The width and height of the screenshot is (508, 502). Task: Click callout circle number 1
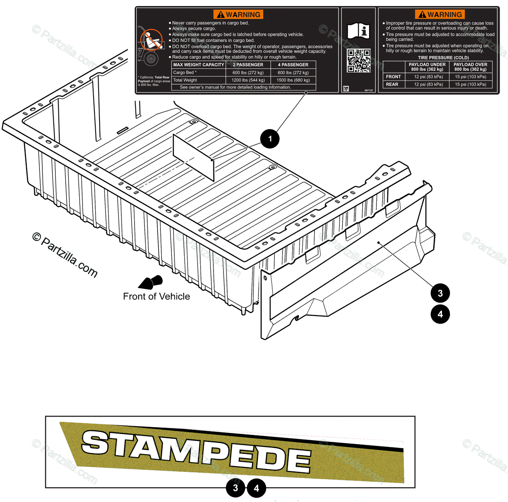coord(270,139)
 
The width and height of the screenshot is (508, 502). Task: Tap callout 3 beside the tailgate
coord(440,293)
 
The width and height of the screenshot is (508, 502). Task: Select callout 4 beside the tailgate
coord(440,314)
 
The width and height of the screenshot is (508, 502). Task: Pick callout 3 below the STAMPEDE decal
coord(235,488)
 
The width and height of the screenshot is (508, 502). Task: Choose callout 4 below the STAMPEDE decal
coord(256,488)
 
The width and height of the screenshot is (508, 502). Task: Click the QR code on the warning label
coord(359,61)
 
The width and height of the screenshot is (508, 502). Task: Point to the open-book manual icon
coord(358,31)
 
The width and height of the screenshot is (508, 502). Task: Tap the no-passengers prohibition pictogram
coord(151,40)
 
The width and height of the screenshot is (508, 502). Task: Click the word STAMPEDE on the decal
coord(196,451)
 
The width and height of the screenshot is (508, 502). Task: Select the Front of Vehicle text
coord(156,297)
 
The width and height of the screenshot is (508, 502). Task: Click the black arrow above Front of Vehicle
coord(151,282)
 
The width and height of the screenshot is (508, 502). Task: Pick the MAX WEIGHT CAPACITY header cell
coord(199,65)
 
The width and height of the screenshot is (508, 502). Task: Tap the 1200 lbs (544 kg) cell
coord(248,80)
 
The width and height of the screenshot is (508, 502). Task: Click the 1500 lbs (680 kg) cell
coord(293,80)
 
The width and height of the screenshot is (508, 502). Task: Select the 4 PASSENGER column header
coord(293,65)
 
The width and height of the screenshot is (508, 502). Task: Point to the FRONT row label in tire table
coord(393,77)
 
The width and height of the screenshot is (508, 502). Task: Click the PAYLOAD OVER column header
coord(470,67)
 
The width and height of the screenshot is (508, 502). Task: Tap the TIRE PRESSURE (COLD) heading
coord(443,58)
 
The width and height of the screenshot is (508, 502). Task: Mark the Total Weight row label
coord(185,80)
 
